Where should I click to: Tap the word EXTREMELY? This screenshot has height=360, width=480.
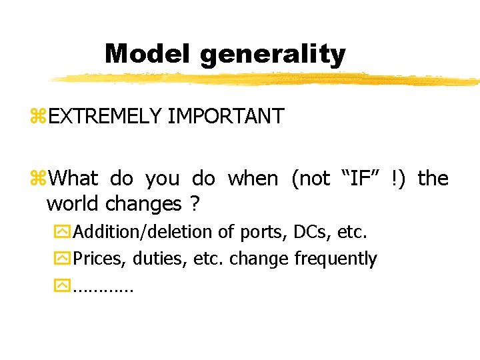point(105,116)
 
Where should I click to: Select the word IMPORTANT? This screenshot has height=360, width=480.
point(225,116)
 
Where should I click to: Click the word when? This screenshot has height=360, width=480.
point(253,178)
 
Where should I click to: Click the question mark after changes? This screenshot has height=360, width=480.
point(195,203)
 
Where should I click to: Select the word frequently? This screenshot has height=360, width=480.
point(335,259)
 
